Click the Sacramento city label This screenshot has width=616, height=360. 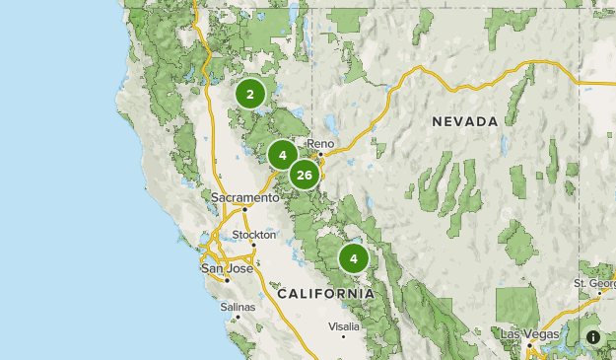(x=244, y=197)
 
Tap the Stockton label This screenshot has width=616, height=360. (x=255, y=235)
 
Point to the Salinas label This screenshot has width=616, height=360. (x=238, y=307)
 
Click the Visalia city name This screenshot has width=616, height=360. (x=344, y=325)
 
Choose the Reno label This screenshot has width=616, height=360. (x=321, y=144)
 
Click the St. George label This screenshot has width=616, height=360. (x=594, y=283)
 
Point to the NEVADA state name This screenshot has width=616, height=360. (x=464, y=121)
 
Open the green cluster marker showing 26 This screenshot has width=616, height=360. (x=304, y=176)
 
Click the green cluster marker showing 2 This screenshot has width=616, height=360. (x=250, y=95)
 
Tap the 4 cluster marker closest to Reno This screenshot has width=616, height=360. (x=282, y=155)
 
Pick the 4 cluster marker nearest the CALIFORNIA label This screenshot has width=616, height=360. (x=353, y=259)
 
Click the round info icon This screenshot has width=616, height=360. (x=593, y=337)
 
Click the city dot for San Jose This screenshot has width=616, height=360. (x=227, y=279)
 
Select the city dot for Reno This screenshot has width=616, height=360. (x=316, y=154)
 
